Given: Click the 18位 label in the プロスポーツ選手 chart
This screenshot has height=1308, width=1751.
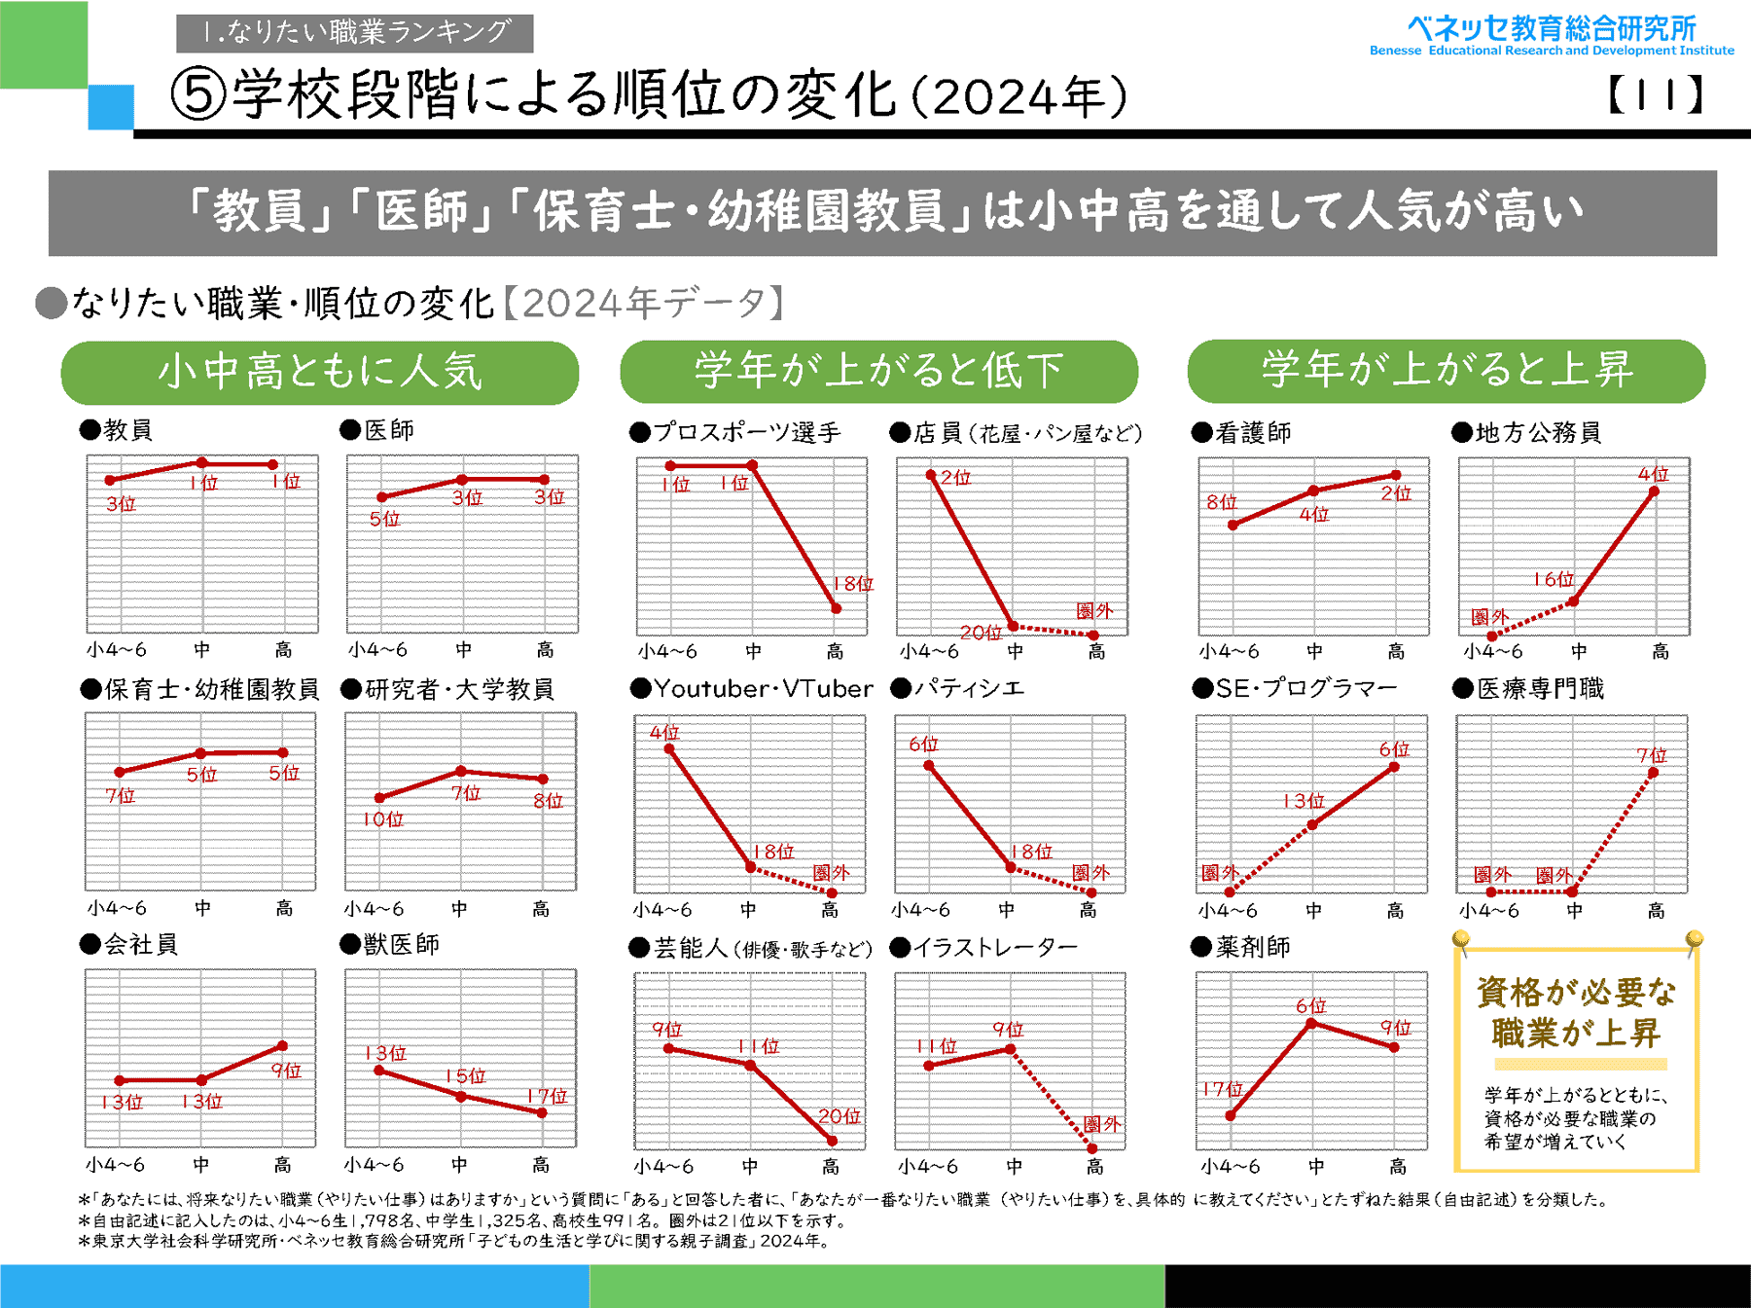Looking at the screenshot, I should tap(853, 584).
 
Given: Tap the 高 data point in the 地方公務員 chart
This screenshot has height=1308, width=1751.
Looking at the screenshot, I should tap(1654, 491).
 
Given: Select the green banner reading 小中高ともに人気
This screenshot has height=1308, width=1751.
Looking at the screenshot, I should tap(320, 372).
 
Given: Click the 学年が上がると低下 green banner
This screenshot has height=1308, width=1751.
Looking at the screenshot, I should tap(878, 371).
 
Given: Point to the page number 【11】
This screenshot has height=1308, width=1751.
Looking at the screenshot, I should tap(1655, 95).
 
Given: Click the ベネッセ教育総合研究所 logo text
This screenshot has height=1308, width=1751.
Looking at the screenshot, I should tap(1552, 28).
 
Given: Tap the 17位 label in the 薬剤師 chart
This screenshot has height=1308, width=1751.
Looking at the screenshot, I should tap(1223, 1089).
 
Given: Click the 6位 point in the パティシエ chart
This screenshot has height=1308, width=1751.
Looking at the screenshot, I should tap(929, 766).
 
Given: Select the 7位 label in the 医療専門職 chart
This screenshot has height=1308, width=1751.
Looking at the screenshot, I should tap(1651, 754).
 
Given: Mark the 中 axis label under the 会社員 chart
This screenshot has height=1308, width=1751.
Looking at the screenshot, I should tap(201, 1164).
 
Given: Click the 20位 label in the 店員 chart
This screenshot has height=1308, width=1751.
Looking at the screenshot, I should tap(981, 633).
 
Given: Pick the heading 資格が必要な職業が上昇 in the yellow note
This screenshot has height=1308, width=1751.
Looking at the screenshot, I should tap(1576, 1012).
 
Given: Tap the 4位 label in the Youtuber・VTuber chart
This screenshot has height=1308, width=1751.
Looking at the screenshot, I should tap(664, 732).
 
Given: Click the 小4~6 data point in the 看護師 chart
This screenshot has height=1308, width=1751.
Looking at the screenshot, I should tap(1233, 526).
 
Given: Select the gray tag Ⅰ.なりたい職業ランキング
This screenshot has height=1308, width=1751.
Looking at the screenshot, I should tap(355, 32).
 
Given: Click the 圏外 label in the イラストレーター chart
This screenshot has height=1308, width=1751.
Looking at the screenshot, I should tap(1102, 1124).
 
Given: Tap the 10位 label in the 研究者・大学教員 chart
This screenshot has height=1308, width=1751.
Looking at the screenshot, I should tap(382, 819).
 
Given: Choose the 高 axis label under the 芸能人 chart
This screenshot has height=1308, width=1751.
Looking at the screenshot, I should tap(831, 1166).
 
